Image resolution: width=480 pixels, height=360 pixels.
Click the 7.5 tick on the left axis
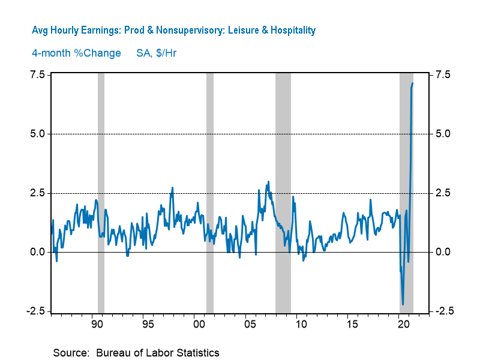tap(37, 74)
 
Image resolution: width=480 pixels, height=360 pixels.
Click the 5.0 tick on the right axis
tap(443, 134)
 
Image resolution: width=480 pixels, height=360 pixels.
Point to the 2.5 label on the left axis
tap(37, 193)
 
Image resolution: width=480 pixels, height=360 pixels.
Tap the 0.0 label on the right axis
tap(443, 252)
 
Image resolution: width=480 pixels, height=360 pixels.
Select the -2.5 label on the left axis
tap(35, 311)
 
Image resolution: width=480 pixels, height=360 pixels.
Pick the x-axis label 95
tap(148, 325)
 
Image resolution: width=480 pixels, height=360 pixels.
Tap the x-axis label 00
tap(199, 325)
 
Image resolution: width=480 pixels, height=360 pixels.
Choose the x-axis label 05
tap(250, 325)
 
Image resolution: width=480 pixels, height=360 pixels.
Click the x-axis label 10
tap(301, 325)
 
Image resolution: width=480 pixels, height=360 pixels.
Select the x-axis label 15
tap(352, 325)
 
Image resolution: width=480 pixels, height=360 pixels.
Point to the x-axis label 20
tap(403, 325)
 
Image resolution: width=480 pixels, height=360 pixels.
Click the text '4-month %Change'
tap(76, 53)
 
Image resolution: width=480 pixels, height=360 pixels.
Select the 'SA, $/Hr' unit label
tap(152, 53)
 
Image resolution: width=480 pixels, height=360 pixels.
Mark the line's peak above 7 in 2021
tap(413, 83)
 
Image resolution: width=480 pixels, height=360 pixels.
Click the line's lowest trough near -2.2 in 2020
tap(403, 304)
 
